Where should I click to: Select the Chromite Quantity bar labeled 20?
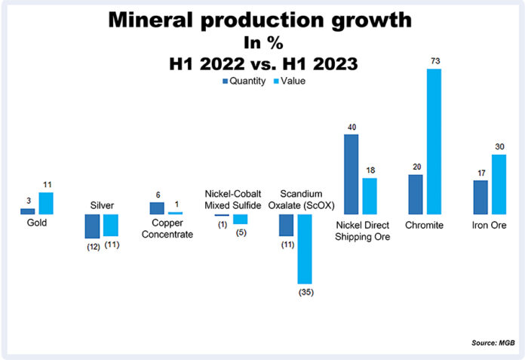[415, 195]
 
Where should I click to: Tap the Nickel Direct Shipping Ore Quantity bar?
[352, 174]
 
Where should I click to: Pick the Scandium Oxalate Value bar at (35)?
[305, 248]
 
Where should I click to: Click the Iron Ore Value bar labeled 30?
[499, 184]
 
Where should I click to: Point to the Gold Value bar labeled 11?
[46, 204]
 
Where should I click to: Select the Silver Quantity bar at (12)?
[92, 226]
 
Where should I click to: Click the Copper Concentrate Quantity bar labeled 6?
[157, 208]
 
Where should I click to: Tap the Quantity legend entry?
[243, 82]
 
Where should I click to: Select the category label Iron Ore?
[490, 225]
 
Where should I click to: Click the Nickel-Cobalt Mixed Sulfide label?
[232, 199]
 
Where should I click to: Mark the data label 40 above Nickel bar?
[351, 127]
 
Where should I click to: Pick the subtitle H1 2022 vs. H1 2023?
[262, 63]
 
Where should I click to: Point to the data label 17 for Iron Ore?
[480, 173]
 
